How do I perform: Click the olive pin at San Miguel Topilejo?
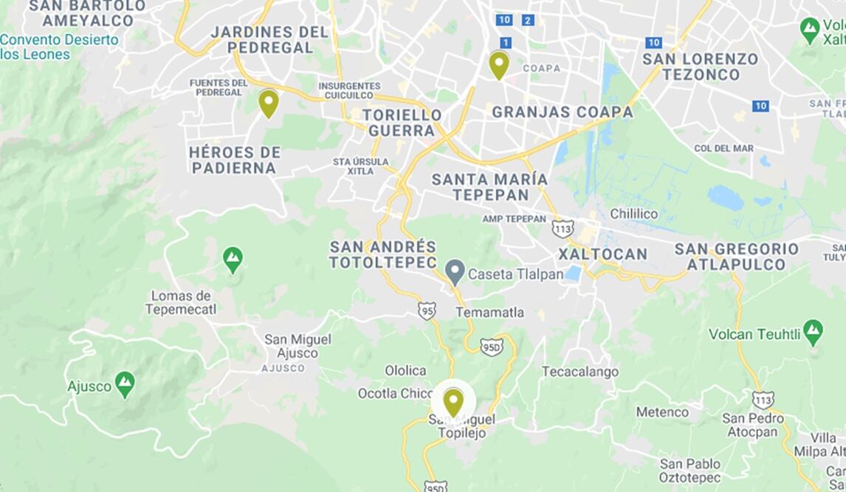[x=453, y=402]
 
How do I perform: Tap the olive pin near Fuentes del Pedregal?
[x=268, y=103]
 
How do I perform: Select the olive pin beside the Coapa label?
[x=499, y=64]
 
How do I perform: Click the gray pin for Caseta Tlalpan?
[x=455, y=272]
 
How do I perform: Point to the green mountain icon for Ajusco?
[x=125, y=384]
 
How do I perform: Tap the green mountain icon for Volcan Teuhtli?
[x=813, y=332]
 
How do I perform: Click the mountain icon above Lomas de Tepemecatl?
[x=233, y=259]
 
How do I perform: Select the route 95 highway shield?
[x=427, y=310]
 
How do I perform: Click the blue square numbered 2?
[x=527, y=20]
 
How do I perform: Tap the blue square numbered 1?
[x=506, y=42]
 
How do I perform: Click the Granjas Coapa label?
[x=562, y=112]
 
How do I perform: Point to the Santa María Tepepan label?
[x=489, y=187]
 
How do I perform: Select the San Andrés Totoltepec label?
[x=382, y=254]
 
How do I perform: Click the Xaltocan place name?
[x=602, y=254]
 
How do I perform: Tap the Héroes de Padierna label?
[x=234, y=160]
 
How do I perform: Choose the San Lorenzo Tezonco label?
[x=700, y=66]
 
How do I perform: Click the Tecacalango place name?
[x=580, y=372]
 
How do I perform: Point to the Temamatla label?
[x=489, y=312]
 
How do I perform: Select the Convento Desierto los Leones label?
[x=59, y=47]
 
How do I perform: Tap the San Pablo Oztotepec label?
[x=689, y=470]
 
